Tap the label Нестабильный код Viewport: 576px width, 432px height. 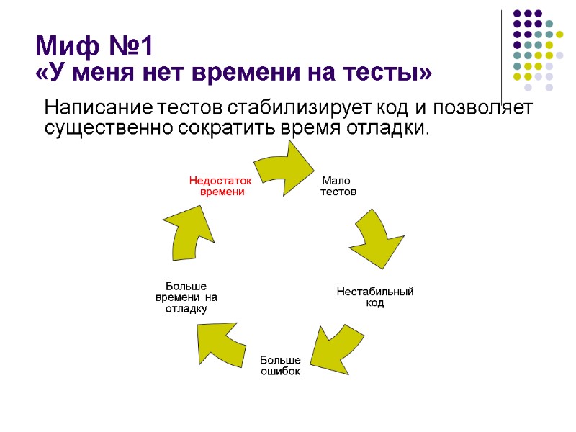[x=375, y=297]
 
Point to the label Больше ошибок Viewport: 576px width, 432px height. [x=280, y=365]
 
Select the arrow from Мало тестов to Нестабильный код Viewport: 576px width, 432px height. [x=377, y=238]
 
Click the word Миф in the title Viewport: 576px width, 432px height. [x=63, y=48]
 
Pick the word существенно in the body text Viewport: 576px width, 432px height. [x=109, y=129]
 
